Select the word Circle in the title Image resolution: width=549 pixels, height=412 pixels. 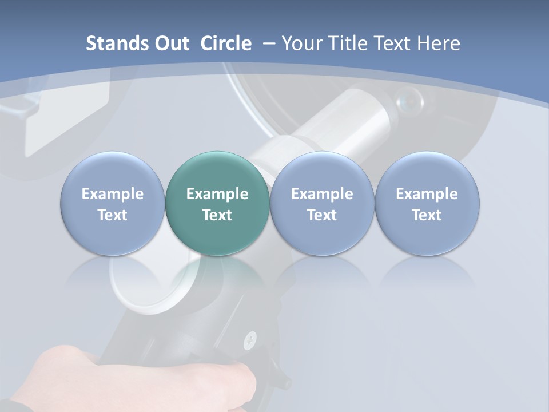pos(226,43)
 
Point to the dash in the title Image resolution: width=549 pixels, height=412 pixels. pos(267,43)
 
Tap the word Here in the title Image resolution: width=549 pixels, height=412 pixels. pos(438,43)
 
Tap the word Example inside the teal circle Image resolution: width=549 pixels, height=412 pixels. pos(217,194)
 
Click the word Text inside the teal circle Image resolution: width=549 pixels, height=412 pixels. pos(217,215)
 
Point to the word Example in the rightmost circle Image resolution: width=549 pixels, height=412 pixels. pos(427,194)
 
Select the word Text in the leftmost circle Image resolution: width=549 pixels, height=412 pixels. pos(112,215)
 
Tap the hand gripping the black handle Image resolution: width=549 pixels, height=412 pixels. pos(143,378)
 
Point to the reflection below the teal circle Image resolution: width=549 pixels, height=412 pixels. pos(217,275)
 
